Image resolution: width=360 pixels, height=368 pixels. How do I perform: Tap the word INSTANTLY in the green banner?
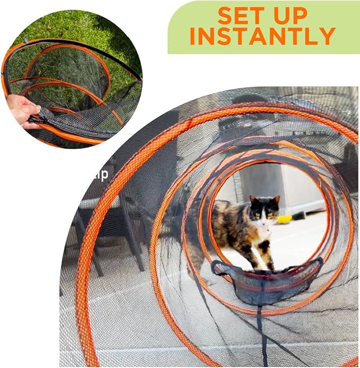(x=262, y=36)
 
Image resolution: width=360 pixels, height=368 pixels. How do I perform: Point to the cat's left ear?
(x=276, y=201)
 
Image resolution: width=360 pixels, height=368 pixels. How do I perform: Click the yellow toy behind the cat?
(x=285, y=219)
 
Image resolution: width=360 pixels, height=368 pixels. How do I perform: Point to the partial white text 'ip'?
(x=102, y=174)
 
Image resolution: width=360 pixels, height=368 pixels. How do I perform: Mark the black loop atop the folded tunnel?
(x=25, y=40)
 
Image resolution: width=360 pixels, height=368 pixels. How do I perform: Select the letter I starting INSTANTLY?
(x=194, y=36)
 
